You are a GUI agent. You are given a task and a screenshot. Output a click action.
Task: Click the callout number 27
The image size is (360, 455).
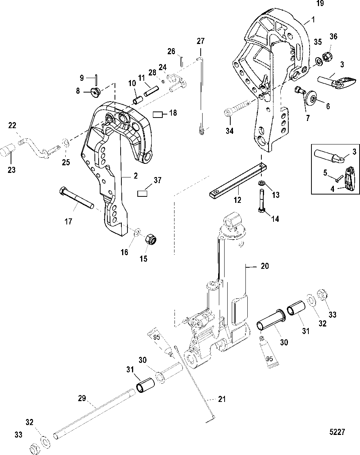(x=201, y=41)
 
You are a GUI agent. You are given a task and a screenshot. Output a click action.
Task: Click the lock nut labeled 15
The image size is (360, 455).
(x=151, y=239)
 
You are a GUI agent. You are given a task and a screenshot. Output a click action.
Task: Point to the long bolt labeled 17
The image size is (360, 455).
(x=76, y=198)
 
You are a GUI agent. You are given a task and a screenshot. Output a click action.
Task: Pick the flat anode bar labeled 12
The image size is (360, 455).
(x=238, y=181)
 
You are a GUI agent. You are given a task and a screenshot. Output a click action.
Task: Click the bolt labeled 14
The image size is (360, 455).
(x=262, y=200)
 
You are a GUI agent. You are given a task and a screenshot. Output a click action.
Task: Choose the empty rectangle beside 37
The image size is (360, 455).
(x=142, y=193)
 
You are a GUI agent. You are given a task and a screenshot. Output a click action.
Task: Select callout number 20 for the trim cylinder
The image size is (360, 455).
(x=265, y=266)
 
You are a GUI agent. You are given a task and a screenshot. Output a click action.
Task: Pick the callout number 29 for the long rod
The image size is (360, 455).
(x=82, y=398)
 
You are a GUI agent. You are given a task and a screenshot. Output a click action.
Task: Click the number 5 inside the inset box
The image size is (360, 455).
(x=325, y=173)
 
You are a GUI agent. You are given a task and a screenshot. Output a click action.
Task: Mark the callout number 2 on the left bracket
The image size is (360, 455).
(x=135, y=176)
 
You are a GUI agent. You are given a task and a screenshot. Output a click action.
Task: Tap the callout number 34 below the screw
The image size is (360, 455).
(x=230, y=131)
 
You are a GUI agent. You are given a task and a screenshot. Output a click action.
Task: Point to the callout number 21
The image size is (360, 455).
(x=222, y=399)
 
